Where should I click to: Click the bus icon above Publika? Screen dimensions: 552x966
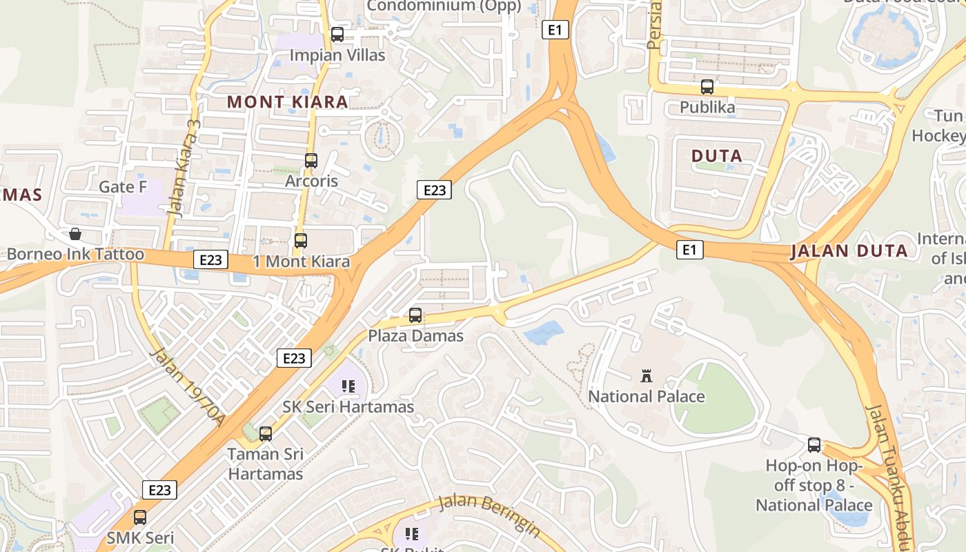click(x=707, y=87)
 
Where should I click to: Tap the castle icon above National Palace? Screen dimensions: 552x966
click(x=647, y=376)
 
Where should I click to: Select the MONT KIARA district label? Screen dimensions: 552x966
click(x=288, y=102)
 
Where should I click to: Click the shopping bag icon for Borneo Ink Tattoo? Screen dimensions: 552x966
click(x=75, y=234)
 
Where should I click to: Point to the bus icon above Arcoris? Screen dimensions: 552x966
click(x=311, y=161)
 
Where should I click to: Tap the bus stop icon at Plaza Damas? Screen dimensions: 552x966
click(x=415, y=315)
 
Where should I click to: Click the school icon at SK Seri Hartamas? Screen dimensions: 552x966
click(x=348, y=386)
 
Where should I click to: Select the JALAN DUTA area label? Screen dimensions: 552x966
click(x=849, y=251)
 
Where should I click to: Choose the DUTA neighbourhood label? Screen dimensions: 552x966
click(x=717, y=156)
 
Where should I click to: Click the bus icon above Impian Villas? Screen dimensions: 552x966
click(x=337, y=34)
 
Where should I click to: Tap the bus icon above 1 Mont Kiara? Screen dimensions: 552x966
click(x=301, y=241)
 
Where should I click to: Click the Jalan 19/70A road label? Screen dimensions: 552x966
click(x=187, y=387)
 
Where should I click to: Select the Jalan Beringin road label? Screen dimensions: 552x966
click(x=490, y=514)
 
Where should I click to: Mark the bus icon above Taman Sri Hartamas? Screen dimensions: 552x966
click(x=266, y=434)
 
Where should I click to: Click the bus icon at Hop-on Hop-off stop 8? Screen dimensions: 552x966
click(x=814, y=445)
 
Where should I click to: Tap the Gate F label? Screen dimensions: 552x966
click(x=123, y=186)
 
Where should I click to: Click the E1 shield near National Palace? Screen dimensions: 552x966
click(x=689, y=250)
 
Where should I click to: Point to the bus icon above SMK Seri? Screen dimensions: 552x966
click(x=140, y=517)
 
